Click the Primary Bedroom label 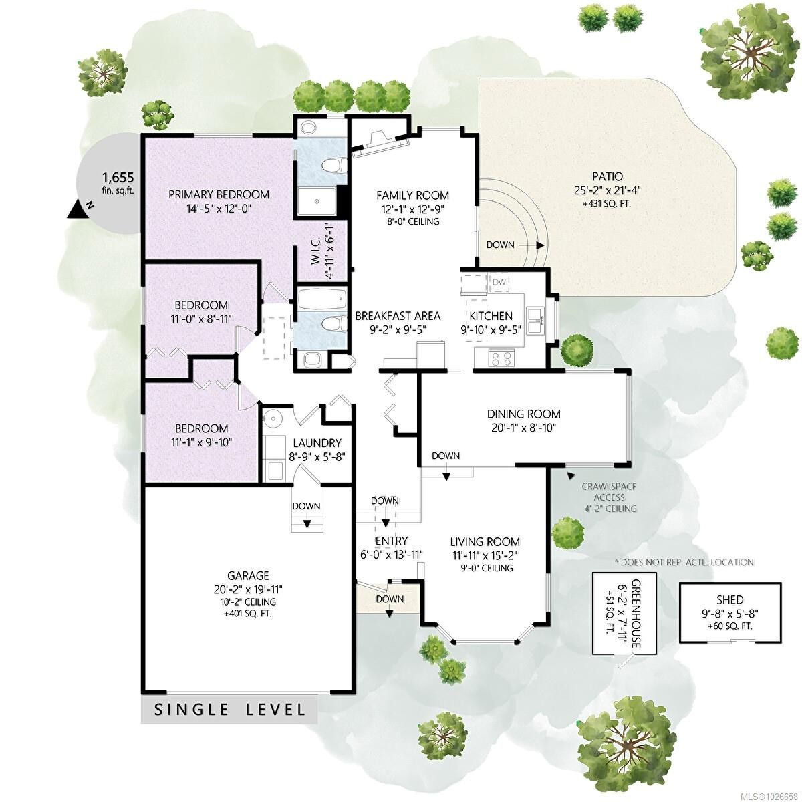click(x=219, y=194)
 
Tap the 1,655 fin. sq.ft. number click(x=118, y=178)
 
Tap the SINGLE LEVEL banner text click(x=230, y=710)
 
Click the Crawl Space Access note click(x=608, y=497)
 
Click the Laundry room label click(x=315, y=443)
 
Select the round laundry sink click(x=273, y=419)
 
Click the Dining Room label click(x=523, y=414)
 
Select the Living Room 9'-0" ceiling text click(x=485, y=568)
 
